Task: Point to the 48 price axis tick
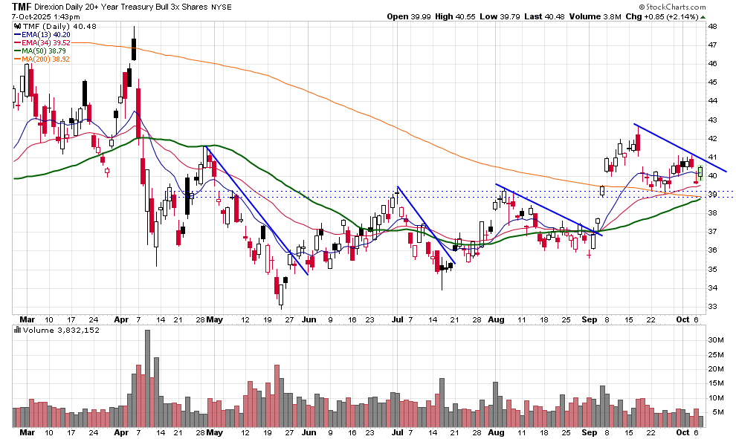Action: tap(712, 26)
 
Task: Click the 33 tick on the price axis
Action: tap(712, 306)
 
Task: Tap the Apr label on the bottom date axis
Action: tap(122, 432)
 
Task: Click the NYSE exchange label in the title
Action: tap(222, 7)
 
